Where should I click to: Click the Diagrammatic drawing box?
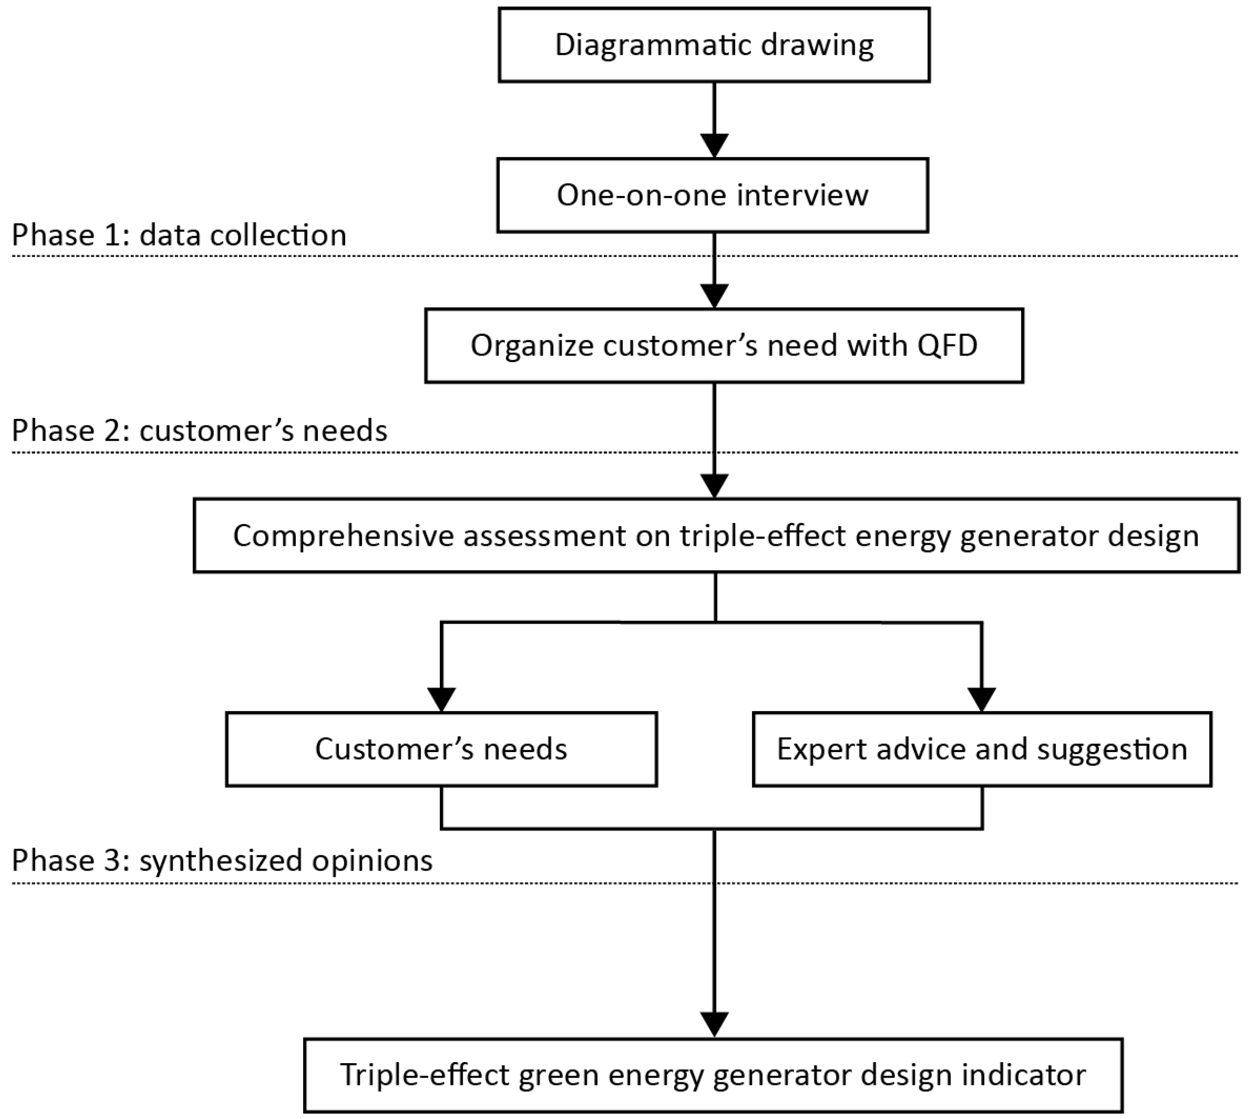pyautogui.click(x=713, y=45)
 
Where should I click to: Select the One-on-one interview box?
pyautogui.click(x=712, y=195)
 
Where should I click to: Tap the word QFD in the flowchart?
pyautogui.click(x=946, y=346)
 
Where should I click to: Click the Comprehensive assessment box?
pyautogui.click(x=716, y=535)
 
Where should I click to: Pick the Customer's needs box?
pyautogui.click(x=441, y=749)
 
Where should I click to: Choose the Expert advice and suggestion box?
pyautogui.click(x=981, y=749)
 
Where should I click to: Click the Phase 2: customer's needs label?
pyautogui.click(x=199, y=430)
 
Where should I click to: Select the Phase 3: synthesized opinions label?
pyautogui.click(x=222, y=860)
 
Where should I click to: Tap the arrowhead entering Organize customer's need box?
pyautogui.click(x=714, y=296)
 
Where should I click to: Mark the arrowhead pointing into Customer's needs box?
pyautogui.click(x=441, y=700)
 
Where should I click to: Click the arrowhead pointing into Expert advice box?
pyautogui.click(x=981, y=700)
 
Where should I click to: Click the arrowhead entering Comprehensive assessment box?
pyautogui.click(x=714, y=486)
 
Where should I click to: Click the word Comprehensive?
pyautogui.click(x=343, y=536)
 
